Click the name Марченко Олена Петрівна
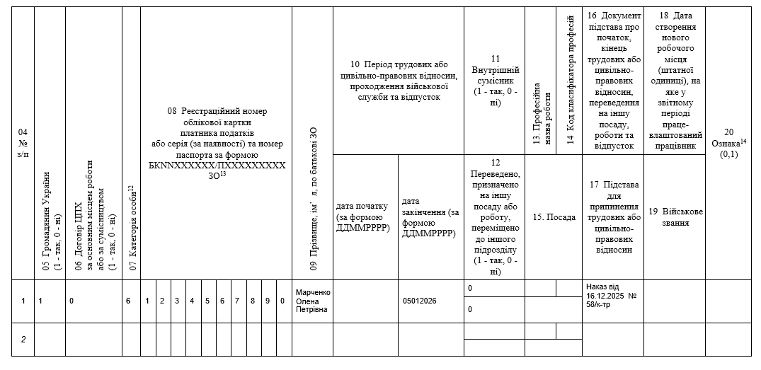(x=313, y=301)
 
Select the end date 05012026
(x=419, y=301)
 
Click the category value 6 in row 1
(x=128, y=301)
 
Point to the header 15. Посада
(x=554, y=217)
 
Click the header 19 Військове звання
(x=675, y=217)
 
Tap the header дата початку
(x=363, y=216)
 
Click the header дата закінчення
(x=430, y=217)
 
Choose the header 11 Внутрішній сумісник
(x=495, y=81)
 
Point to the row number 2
(x=23, y=340)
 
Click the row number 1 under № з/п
(x=23, y=301)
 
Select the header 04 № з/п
(x=23, y=144)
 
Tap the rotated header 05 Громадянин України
(x=52, y=220)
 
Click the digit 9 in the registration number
(x=268, y=301)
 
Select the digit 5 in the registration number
(x=207, y=301)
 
